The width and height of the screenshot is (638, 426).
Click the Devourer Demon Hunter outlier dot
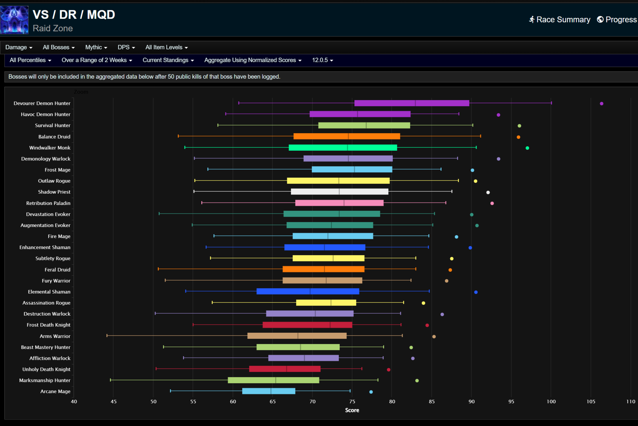pos(601,104)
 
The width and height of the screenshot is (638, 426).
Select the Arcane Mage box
pos(269,391)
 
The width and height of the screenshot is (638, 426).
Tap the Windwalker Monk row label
pos(50,148)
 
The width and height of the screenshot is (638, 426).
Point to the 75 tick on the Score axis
pos(352,402)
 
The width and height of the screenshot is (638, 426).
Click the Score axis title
pos(352,410)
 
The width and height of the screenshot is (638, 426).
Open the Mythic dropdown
pos(96,47)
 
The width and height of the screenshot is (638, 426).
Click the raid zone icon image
pos(14,20)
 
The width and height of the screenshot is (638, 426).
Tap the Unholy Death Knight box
pos(285,369)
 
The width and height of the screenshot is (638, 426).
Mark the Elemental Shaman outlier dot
pos(476,292)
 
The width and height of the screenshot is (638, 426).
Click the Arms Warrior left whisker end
pos(107,336)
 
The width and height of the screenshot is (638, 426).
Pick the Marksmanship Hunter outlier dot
pos(417,381)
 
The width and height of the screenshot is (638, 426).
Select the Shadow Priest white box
pos(339,192)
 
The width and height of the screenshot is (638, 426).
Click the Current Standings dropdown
pos(168,60)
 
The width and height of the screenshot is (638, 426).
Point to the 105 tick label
pos(591,402)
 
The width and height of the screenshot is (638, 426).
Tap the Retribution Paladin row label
pos(48,203)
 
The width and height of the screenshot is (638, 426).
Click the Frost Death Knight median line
pos(330,325)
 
